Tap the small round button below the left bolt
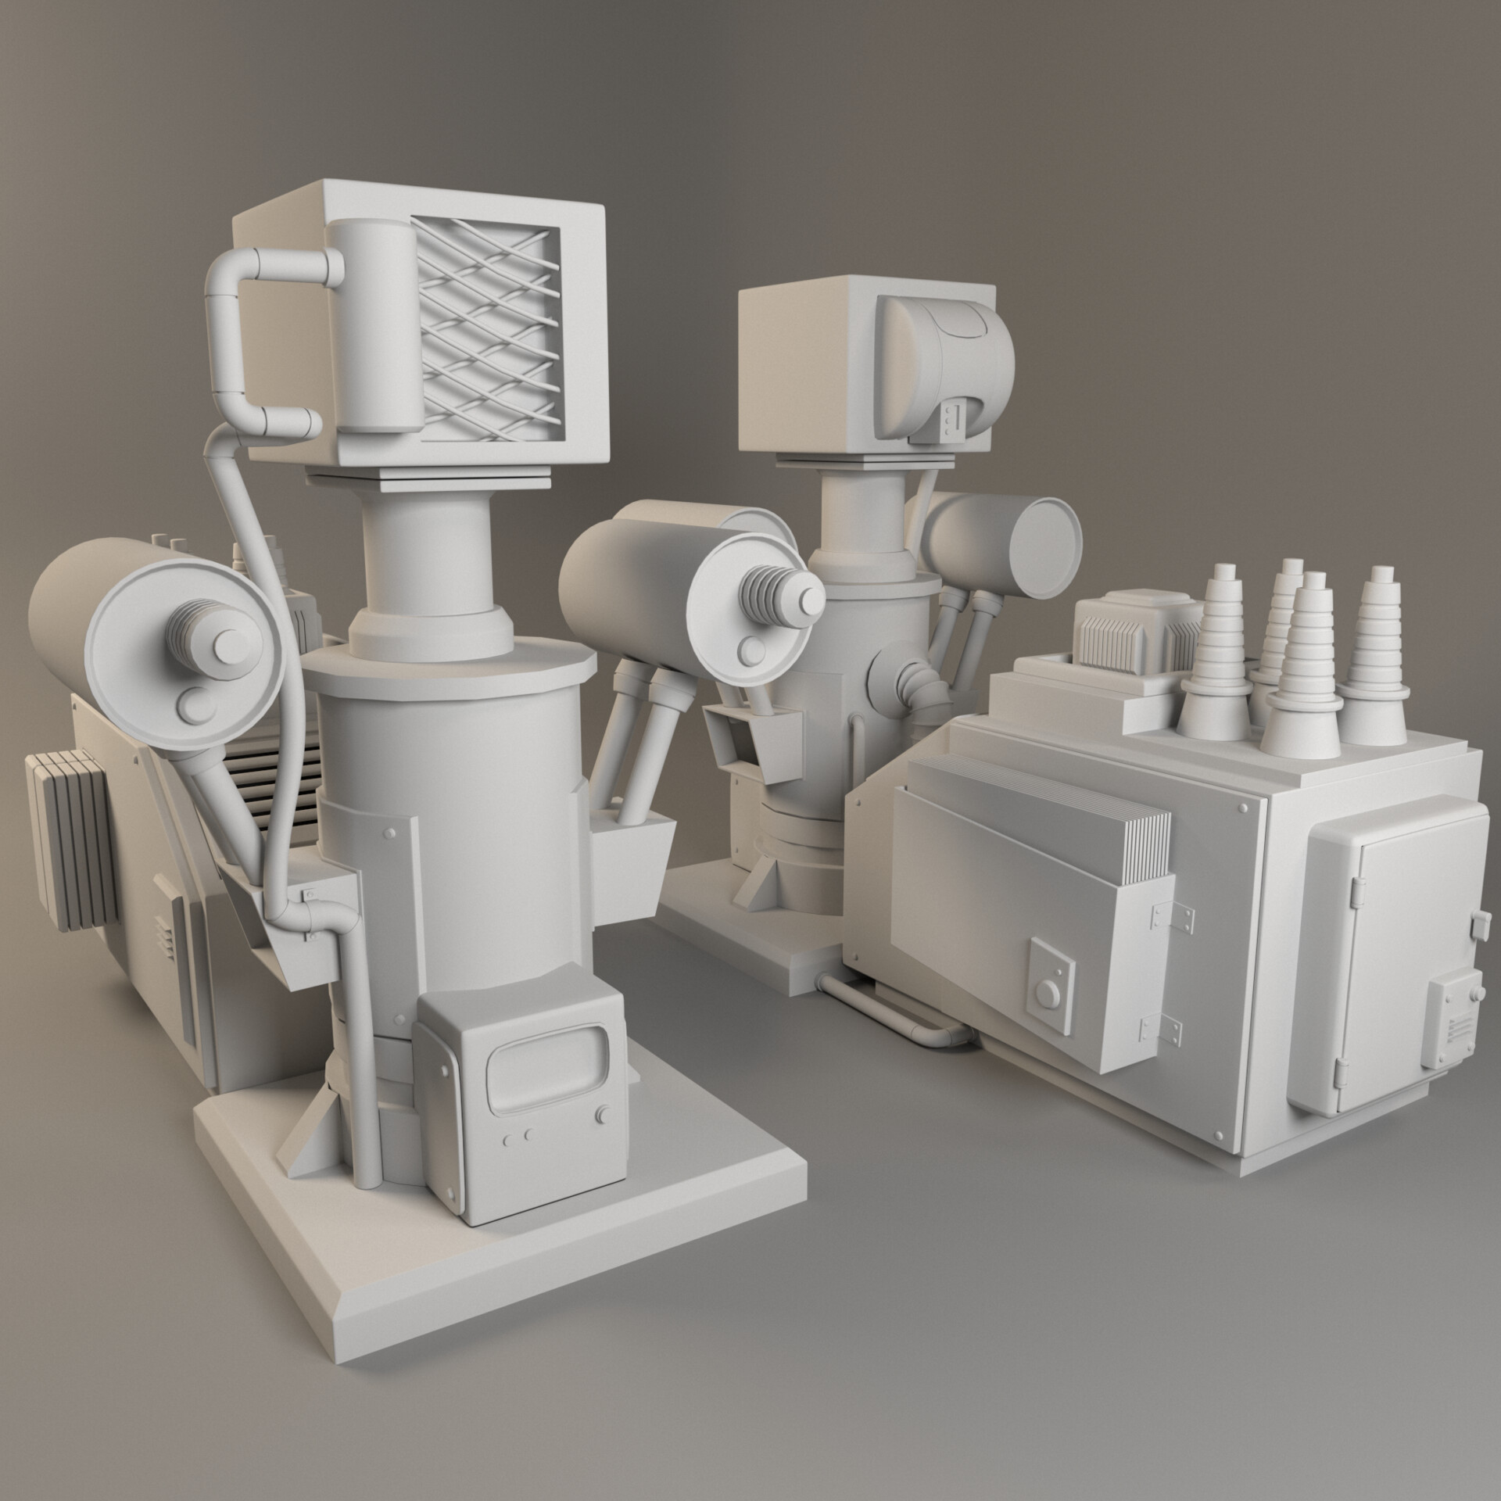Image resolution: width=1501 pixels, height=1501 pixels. [192, 704]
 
